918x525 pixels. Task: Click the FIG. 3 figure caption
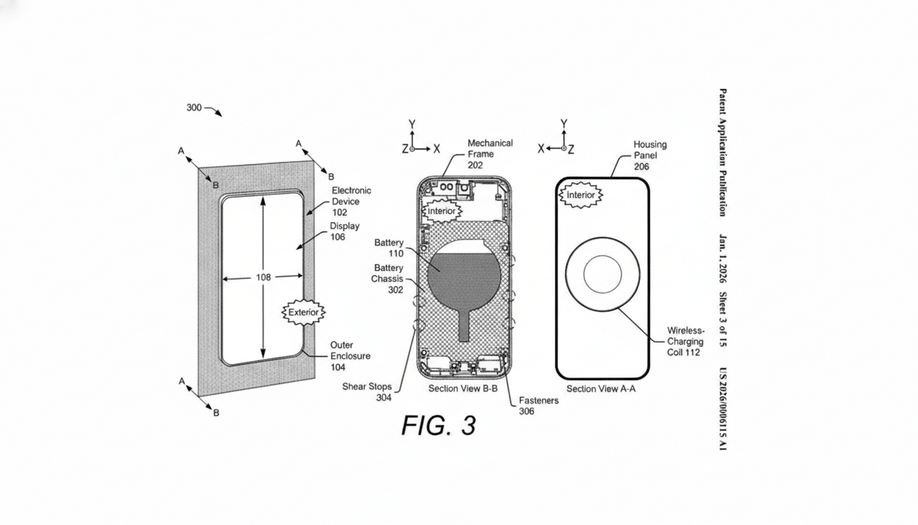pos(438,425)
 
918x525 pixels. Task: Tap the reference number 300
pos(194,107)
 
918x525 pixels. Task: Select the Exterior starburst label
pos(304,312)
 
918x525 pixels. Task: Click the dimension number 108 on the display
pos(263,277)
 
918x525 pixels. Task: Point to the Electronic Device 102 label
pos(351,202)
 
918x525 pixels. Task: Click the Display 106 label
pos(344,231)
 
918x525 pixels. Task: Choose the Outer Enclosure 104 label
pos(350,355)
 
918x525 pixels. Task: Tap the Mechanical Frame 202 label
pos(490,154)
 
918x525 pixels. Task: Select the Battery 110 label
pos(389,248)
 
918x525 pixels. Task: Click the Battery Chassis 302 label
pos(387,278)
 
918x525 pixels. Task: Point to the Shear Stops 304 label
pos(367,392)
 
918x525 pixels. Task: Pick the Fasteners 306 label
pos(538,405)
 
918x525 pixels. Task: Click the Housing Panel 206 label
pos(650,155)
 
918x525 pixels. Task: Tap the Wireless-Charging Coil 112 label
pos(685,341)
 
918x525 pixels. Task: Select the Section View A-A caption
pos(602,388)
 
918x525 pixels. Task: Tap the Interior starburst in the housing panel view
pos(581,196)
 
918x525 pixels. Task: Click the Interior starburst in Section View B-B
pos(441,211)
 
